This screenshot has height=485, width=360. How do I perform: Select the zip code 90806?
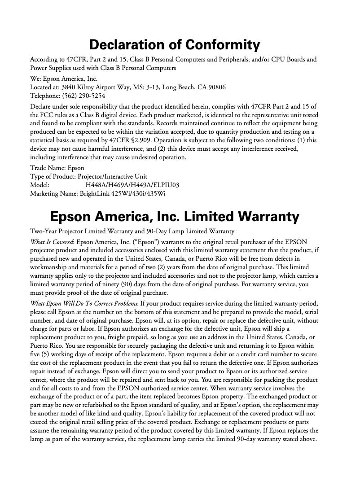[216, 87]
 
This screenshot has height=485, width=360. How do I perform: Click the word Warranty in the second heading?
[263, 217]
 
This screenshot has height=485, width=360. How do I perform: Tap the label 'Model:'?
[39, 185]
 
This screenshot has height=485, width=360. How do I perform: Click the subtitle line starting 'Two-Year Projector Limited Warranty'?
[132, 232]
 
